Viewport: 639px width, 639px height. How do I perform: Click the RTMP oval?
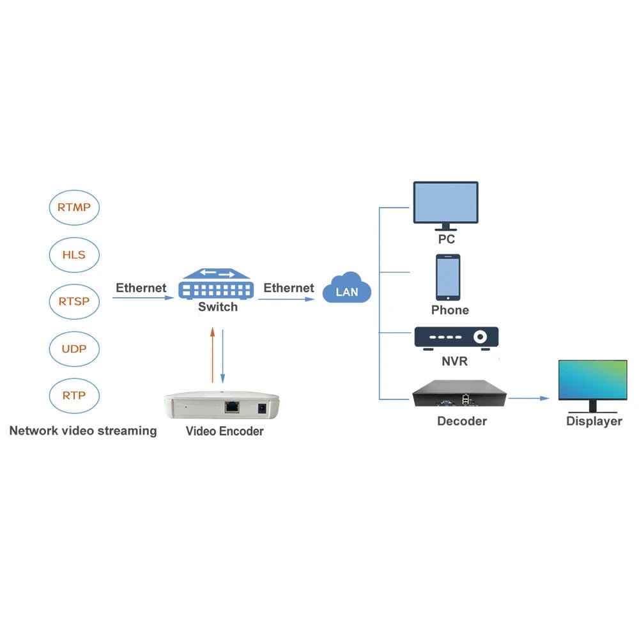[74, 207]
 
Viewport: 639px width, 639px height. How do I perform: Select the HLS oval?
[74, 254]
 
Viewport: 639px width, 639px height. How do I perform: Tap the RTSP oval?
[74, 300]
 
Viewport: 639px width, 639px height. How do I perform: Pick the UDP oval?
[74, 349]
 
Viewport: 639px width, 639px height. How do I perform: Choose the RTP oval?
[74, 395]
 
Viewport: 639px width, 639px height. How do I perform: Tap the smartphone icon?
[448, 277]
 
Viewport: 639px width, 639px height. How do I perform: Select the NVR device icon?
[456, 338]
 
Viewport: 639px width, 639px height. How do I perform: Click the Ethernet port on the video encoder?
[232, 406]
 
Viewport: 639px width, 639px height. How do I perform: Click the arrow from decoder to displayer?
[529, 398]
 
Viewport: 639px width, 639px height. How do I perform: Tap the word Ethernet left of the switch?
[141, 288]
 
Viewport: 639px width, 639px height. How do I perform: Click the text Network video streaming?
[83, 431]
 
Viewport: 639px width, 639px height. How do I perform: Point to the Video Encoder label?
[224, 431]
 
